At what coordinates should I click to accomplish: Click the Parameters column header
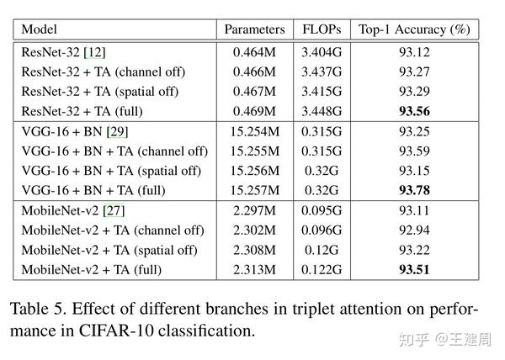[254, 29]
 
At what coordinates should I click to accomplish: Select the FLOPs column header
[321, 29]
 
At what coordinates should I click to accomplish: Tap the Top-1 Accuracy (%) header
[413, 29]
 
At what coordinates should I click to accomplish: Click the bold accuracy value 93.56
[413, 111]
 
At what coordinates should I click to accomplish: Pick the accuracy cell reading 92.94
[413, 230]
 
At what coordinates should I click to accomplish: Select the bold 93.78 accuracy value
[413, 191]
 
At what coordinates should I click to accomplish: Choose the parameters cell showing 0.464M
[254, 52]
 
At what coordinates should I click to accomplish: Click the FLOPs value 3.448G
[321, 111]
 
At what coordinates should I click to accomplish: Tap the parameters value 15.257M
[254, 191]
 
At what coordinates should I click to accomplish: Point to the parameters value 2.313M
[254, 270]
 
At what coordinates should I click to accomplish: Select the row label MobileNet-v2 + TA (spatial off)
[109, 251]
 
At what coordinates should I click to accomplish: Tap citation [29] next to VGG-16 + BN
[116, 132]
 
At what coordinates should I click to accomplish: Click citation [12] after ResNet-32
[93, 52]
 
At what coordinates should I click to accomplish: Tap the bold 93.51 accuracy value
[413, 270]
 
